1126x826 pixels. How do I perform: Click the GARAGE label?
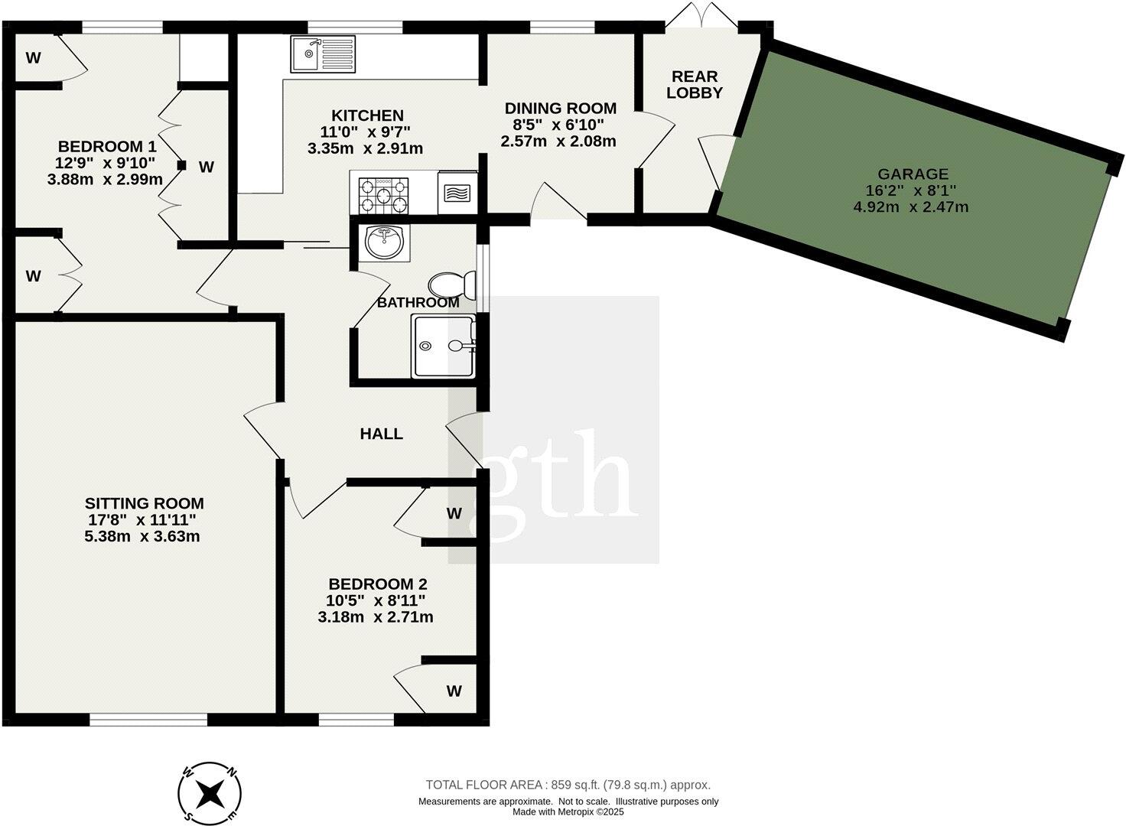(913, 174)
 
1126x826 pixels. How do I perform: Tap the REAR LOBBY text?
(695, 84)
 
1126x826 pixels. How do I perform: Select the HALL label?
(382, 434)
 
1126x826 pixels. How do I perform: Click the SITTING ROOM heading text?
(144, 503)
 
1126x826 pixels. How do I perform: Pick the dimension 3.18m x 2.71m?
(375, 617)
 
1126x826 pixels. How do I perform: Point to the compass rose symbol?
(210, 792)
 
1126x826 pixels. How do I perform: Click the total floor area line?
(568, 785)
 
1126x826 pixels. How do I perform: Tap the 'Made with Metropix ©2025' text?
(568, 812)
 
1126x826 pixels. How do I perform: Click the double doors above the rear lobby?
(701, 17)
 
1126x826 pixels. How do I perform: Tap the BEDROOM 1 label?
(107, 146)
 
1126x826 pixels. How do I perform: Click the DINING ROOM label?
(560, 109)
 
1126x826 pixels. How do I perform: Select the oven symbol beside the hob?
(457, 193)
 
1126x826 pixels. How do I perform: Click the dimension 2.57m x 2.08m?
(558, 141)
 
